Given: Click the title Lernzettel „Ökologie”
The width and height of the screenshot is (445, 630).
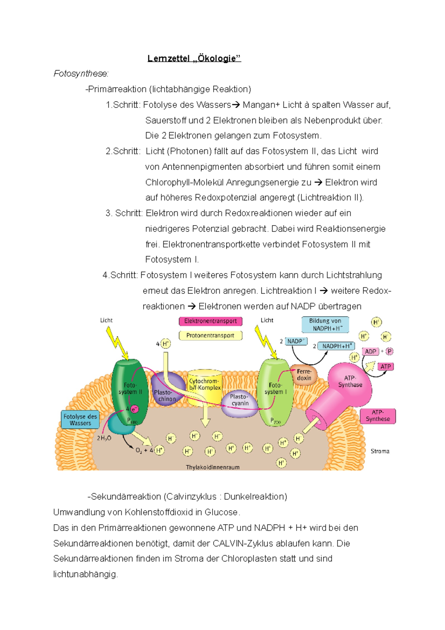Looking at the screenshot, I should click(x=194, y=58).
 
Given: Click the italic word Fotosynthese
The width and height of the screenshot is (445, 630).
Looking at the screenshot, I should click(x=81, y=74).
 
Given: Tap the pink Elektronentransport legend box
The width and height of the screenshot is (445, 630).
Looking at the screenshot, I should click(x=210, y=321).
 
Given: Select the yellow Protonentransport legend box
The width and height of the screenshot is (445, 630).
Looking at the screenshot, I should click(x=210, y=335).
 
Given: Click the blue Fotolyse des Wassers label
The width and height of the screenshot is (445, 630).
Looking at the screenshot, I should click(x=80, y=420).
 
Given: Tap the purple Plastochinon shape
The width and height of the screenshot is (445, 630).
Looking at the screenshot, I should click(x=166, y=391).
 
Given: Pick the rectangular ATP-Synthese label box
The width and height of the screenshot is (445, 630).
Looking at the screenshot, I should click(x=378, y=416).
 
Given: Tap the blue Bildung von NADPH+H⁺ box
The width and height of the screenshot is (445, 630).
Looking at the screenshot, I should click(x=325, y=325).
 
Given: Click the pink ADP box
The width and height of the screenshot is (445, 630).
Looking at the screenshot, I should click(x=370, y=351).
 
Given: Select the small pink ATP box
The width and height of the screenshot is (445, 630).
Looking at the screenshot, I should click(x=386, y=367).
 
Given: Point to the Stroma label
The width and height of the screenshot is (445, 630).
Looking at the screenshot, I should click(x=380, y=451).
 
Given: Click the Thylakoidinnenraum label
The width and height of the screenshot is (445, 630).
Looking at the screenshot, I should click(x=212, y=467).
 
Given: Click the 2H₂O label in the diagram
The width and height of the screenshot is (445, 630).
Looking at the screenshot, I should click(x=104, y=438).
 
